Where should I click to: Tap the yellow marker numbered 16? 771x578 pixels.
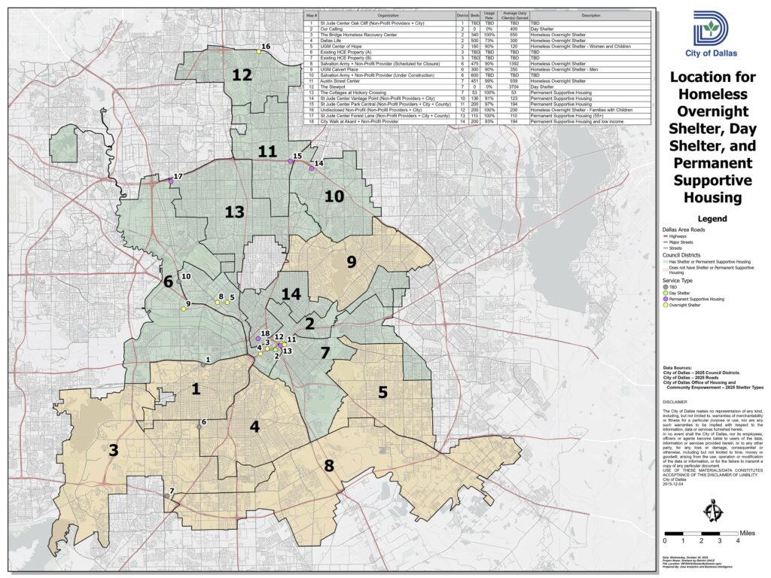(x=258, y=52)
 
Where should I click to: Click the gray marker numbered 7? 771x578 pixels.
(x=166, y=496)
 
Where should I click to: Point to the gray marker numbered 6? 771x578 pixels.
(x=199, y=427)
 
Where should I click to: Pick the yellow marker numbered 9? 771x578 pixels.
(x=183, y=309)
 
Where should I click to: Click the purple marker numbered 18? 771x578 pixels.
(x=258, y=339)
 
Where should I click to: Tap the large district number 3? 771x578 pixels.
(x=114, y=451)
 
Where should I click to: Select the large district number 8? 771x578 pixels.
(x=328, y=465)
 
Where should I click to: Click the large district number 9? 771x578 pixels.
(x=351, y=262)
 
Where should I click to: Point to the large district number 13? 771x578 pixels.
(x=234, y=212)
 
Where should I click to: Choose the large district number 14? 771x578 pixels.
(x=291, y=294)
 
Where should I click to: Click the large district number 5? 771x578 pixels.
(x=382, y=391)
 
